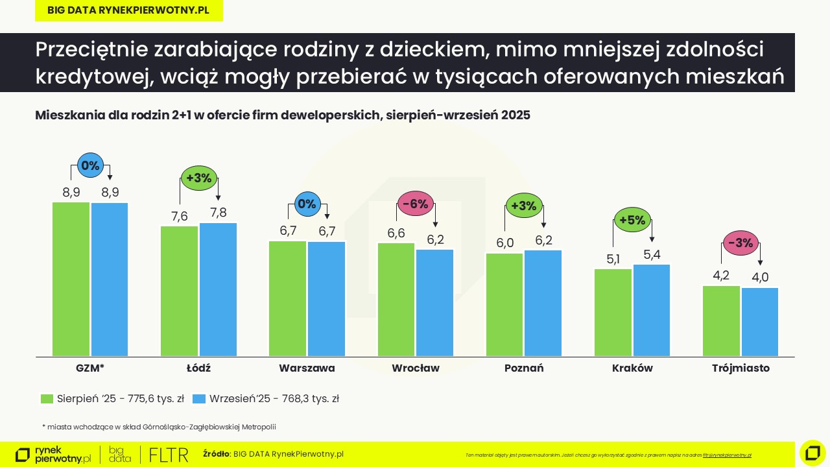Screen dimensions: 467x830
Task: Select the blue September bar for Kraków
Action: pos(651,310)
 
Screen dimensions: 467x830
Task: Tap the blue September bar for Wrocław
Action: pos(434,302)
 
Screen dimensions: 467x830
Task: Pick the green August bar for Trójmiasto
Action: pos(721,320)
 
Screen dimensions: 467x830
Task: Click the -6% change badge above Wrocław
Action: pos(415,204)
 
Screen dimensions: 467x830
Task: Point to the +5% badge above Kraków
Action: pos(632,220)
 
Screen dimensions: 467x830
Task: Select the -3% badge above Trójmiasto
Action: pos(741,243)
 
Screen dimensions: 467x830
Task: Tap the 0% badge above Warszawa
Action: pos(307,204)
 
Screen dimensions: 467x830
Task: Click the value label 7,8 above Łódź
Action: pos(219,213)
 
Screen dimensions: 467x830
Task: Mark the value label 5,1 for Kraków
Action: pos(613,259)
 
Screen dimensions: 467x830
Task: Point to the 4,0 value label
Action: pos(760,277)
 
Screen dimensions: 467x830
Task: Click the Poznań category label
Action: pos(524,368)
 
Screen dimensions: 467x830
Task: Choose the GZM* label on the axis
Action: pos(90,368)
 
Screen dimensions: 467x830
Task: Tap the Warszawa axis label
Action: pos(307,368)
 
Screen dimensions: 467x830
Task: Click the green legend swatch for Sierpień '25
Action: pos(47,399)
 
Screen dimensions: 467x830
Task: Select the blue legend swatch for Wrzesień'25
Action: pos(199,399)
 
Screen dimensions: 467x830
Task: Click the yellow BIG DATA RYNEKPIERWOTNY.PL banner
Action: pos(128,10)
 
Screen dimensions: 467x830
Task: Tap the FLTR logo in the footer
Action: pos(169,455)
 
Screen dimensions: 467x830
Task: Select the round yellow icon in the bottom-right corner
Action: pos(812,453)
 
